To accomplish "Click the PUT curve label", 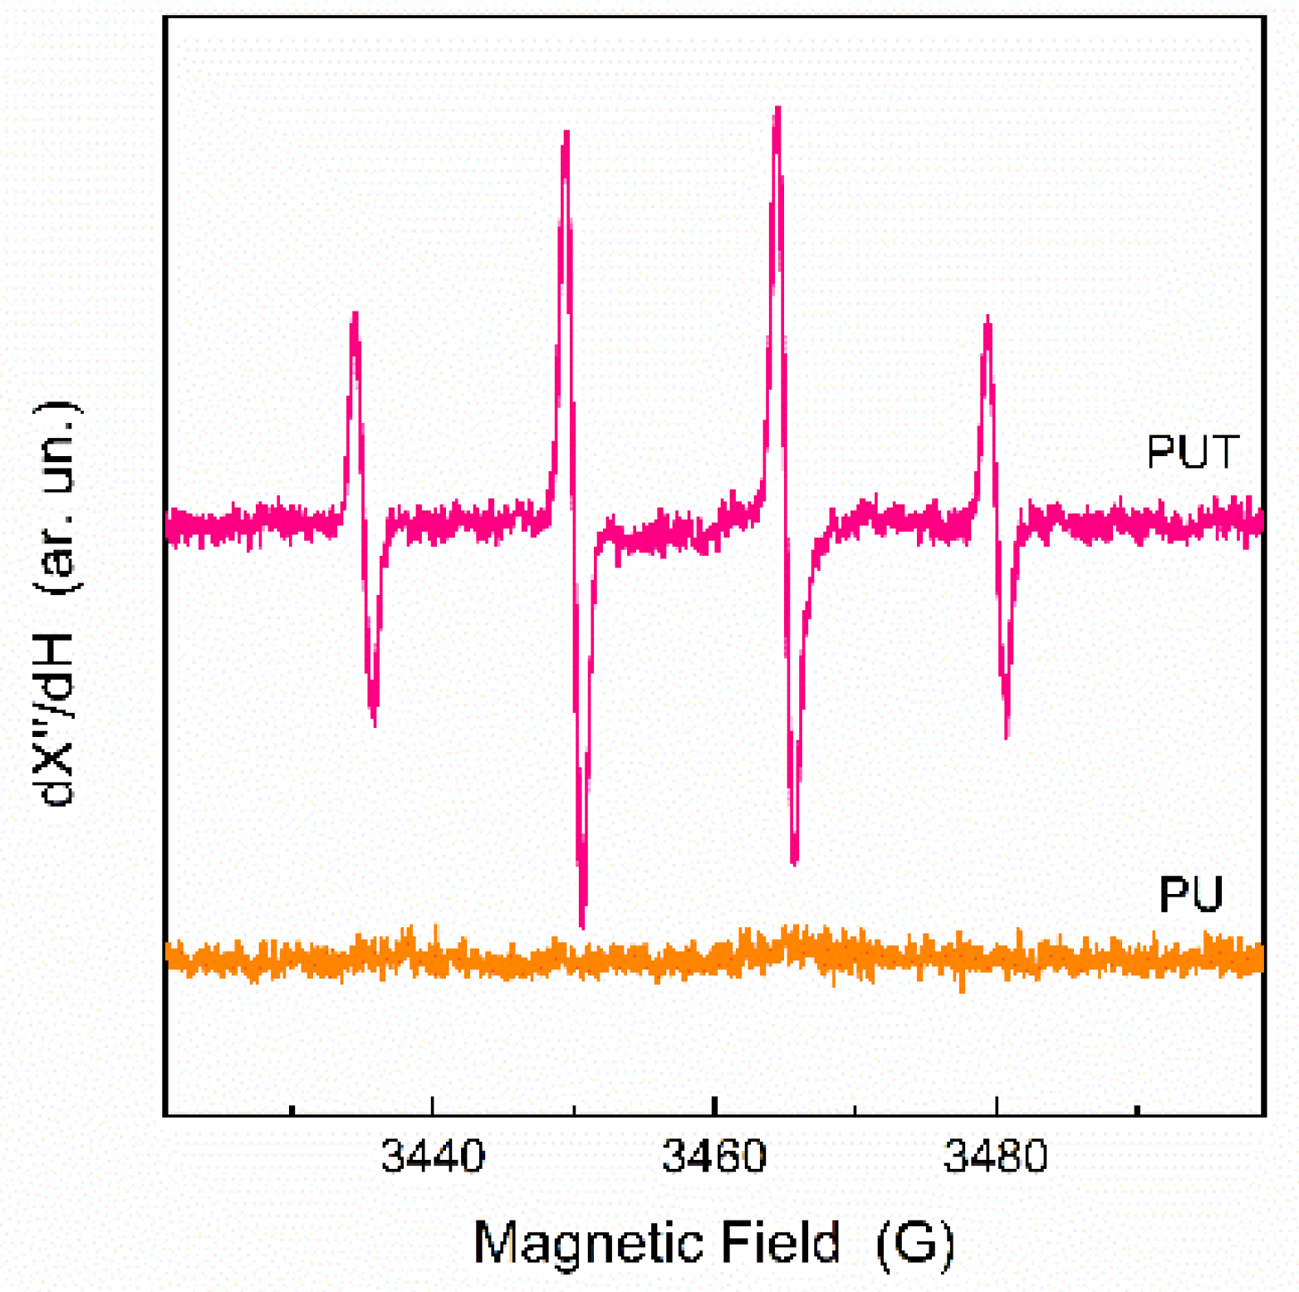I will (x=1192, y=451).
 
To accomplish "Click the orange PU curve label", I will (x=1190, y=894).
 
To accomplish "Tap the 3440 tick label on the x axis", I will (x=432, y=1156).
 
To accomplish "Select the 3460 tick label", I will (x=713, y=1156).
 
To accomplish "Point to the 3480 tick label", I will (x=995, y=1156).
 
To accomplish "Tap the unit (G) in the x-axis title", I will (x=914, y=1243).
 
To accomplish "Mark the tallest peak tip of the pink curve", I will (x=777, y=108).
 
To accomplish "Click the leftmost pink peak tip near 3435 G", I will (x=355, y=314).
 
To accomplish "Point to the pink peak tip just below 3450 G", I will (x=566, y=132).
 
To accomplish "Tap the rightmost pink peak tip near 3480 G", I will (x=988, y=317).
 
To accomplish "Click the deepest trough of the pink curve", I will (x=582, y=926).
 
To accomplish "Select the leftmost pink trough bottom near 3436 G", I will (x=375, y=725).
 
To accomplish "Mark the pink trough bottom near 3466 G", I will (x=795, y=863).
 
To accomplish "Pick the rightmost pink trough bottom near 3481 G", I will (x=1007, y=736).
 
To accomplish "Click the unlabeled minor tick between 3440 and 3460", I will (x=573, y=1109).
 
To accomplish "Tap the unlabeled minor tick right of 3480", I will (x=1137, y=1109).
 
